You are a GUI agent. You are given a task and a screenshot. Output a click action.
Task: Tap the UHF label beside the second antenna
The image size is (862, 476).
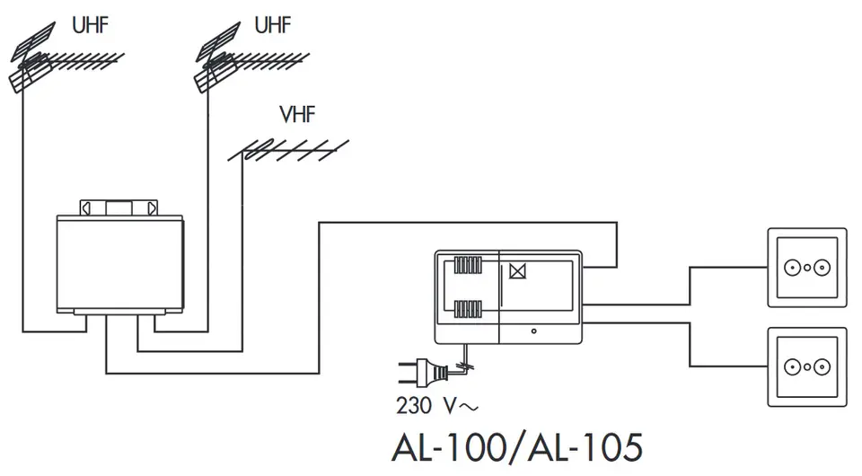[x=272, y=24]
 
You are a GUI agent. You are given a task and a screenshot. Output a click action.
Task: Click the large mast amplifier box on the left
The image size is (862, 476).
[x=119, y=264]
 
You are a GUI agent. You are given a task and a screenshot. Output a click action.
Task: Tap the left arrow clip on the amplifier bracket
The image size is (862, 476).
[x=86, y=207]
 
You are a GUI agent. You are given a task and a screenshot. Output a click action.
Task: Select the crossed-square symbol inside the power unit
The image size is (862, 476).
[x=515, y=270]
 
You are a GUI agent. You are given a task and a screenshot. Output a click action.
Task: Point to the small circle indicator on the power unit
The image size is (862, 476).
[x=533, y=332]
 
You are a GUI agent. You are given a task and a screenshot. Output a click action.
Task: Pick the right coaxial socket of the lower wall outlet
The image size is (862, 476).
[x=820, y=366]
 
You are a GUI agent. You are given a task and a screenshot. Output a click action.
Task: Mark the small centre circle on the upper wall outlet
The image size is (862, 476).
[x=806, y=268]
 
